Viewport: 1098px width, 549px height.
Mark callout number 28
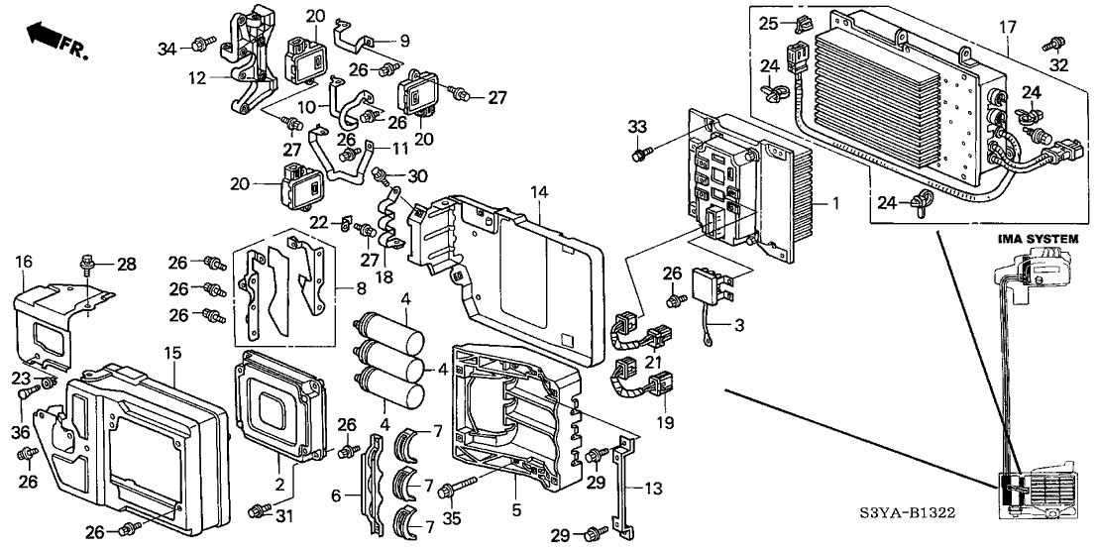pos(127,263)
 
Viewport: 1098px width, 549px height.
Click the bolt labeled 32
pos(1049,45)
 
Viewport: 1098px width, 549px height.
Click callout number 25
pos(768,22)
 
